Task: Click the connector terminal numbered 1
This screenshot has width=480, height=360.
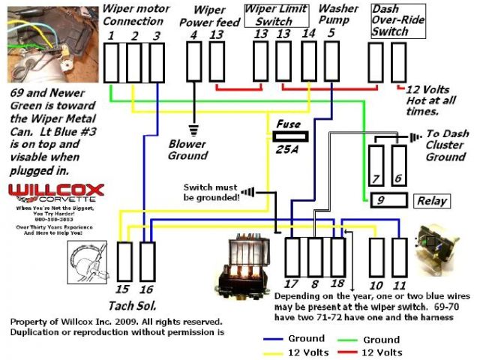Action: pos(112,62)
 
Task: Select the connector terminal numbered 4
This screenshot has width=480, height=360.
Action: pos(194,62)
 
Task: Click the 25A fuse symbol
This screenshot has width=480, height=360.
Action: pos(289,136)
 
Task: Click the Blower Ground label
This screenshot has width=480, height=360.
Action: pos(187,150)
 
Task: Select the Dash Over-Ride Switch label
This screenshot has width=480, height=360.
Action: pos(390,21)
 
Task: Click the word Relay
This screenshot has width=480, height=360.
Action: pos(431,201)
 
